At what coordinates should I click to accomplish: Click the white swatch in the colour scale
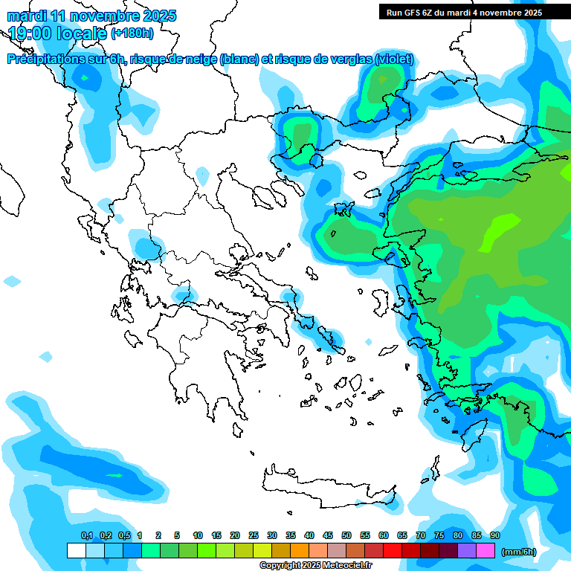[x=76, y=551]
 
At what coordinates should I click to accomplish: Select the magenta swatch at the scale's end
[x=485, y=551]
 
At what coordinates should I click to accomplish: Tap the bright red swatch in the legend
[x=392, y=551]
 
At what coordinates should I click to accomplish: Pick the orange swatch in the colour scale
[x=299, y=551]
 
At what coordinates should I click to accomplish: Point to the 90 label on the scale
[x=494, y=535]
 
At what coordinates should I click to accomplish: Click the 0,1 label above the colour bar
[x=86, y=535]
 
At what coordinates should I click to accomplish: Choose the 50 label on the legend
[x=346, y=535]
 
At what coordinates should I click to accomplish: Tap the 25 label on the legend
[x=253, y=535]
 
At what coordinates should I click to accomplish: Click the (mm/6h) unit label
[x=518, y=552]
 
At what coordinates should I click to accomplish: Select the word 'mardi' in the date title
[x=28, y=16]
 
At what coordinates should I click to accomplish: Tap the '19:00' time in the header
[x=30, y=33]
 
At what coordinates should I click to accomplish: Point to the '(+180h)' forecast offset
[x=132, y=33]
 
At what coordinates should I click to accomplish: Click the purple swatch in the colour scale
[x=466, y=551]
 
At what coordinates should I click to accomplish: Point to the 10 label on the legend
[x=198, y=535]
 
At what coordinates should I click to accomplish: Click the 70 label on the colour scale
[x=420, y=535]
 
